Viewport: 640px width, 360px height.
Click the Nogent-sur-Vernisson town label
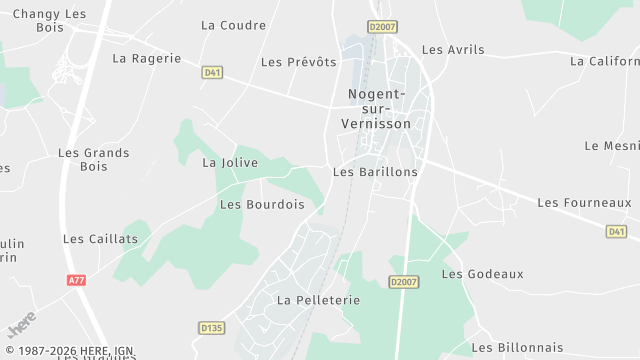(x=378, y=109)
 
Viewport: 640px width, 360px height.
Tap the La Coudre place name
(x=233, y=25)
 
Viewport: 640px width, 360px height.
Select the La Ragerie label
(x=147, y=58)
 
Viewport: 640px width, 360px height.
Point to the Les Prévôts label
(x=298, y=62)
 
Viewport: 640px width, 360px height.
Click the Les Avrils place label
(x=452, y=49)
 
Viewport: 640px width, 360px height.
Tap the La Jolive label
(x=230, y=162)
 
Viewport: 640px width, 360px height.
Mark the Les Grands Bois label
(x=93, y=160)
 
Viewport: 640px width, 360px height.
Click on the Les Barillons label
(x=374, y=172)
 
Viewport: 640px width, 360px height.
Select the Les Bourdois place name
(x=261, y=205)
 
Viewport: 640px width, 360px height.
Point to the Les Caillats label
(x=100, y=239)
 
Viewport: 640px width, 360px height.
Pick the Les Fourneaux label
(x=584, y=203)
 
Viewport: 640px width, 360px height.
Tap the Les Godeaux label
(x=482, y=274)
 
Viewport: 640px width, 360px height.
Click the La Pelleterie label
(x=317, y=300)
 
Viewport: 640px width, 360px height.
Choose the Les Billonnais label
(x=516, y=347)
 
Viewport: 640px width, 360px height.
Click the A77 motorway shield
(x=77, y=280)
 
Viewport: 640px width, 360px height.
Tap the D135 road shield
(x=211, y=327)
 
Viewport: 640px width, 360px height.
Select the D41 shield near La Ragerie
(x=211, y=72)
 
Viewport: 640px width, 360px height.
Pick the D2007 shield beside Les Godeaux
(x=403, y=282)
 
